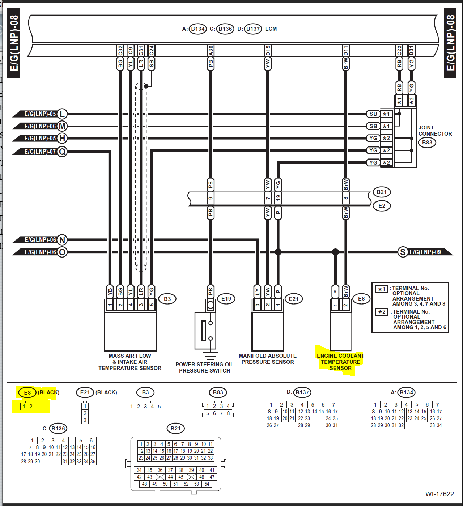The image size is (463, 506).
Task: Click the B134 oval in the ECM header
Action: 197,29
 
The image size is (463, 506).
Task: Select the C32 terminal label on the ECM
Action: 120,50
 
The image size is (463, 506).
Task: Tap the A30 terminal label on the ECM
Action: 211,50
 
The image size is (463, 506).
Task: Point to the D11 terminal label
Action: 346,50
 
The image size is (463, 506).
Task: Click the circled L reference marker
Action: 62,114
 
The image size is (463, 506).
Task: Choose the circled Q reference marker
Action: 62,152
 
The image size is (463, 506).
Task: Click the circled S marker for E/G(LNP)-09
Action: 403,252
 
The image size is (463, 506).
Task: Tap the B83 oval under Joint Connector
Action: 427,143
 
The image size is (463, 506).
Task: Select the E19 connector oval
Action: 226,299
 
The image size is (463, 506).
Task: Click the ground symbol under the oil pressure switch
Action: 211,356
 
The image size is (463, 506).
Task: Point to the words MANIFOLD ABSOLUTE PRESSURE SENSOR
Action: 268,359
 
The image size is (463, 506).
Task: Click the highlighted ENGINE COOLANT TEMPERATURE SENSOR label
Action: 340,362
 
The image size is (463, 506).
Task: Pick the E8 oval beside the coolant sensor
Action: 361,299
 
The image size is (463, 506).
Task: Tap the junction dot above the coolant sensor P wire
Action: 335,252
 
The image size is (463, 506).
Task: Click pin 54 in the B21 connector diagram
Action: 207,484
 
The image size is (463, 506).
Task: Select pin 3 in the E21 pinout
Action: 85,420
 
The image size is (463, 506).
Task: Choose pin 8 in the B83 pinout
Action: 228,413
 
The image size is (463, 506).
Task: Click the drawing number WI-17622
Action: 439,494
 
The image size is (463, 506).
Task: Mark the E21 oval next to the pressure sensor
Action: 294,299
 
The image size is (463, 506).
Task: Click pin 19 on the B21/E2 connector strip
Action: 278,198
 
